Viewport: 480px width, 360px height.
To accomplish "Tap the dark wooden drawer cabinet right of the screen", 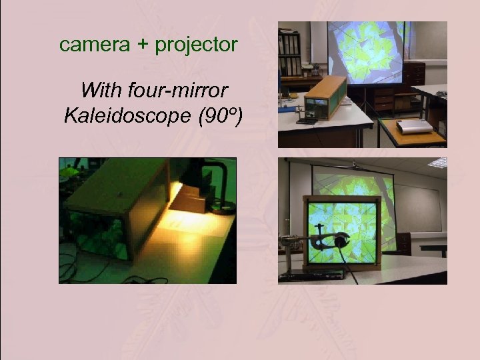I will pos(414,74).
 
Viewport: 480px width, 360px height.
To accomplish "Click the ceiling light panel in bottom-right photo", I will pos(438,163).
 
